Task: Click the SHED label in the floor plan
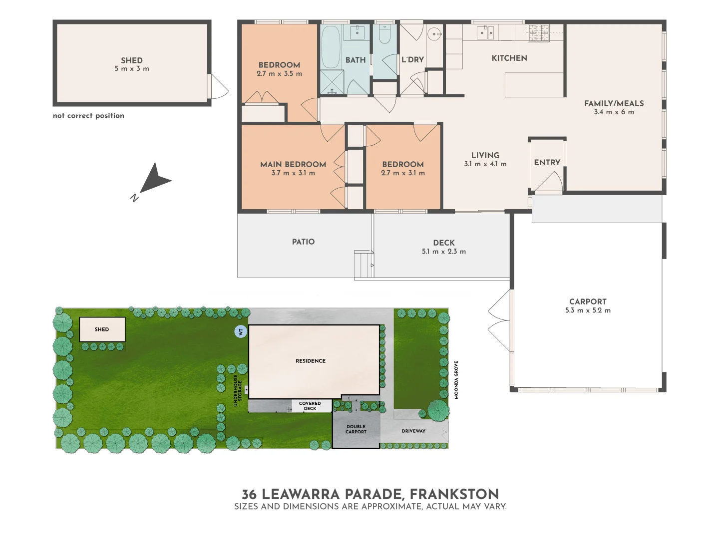[131, 60]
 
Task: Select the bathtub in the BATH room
[330, 47]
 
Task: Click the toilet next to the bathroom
[384, 35]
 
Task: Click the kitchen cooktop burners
[538, 33]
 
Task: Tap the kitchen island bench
[534, 85]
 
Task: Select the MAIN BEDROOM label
[293, 164]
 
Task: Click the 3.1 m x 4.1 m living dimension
[485, 164]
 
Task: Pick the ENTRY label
[547, 162]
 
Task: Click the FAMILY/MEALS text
[614, 103]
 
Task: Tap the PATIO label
[303, 242]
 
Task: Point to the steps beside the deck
[364, 265]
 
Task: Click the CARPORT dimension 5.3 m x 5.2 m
[588, 310]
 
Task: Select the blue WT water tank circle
[241, 331]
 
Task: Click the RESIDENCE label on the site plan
[310, 361]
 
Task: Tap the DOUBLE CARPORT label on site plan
[356, 429]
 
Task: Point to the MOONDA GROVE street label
[456, 380]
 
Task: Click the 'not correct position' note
[88, 116]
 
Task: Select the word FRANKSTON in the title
[454, 494]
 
